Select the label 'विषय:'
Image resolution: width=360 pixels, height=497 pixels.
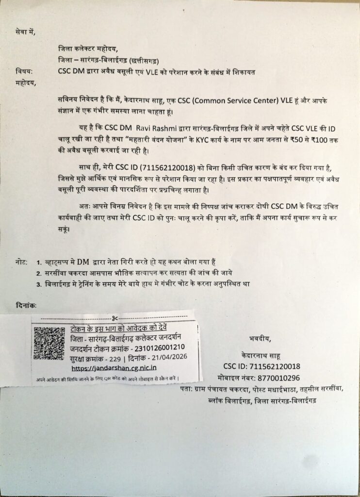pos(23,71)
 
